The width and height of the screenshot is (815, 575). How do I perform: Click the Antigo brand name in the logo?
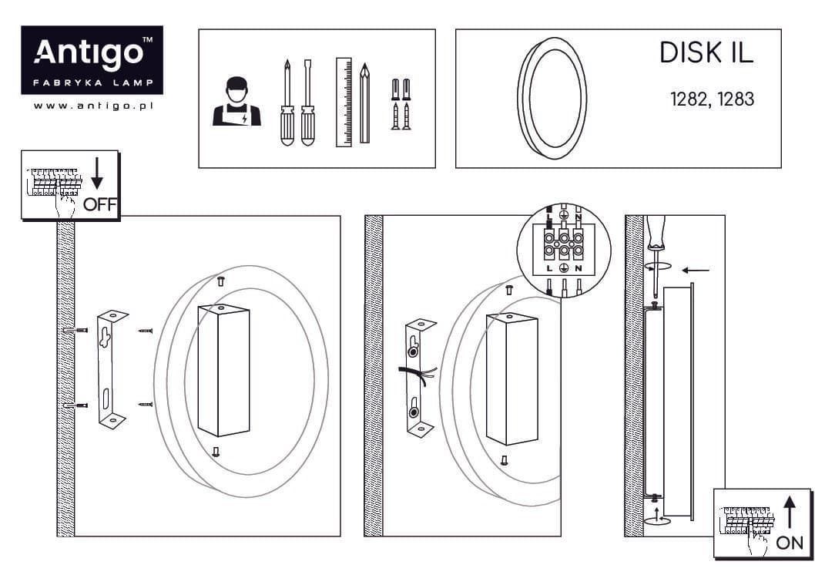(89, 53)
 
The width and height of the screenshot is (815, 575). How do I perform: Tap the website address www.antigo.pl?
(93, 106)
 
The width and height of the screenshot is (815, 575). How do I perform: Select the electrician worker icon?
(236, 102)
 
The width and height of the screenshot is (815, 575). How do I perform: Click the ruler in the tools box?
(344, 102)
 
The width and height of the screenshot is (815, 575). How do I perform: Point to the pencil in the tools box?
(365, 103)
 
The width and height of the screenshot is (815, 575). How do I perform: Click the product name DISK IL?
(706, 52)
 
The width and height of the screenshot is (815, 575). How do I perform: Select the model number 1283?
(736, 99)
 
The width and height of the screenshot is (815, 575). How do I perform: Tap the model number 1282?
(689, 99)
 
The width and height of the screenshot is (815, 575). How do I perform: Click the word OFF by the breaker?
(100, 204)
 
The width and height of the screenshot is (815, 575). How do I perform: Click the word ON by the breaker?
(790, 543)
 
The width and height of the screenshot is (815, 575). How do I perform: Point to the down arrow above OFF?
(97, 173)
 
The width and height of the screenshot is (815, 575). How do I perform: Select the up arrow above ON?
(790, 513)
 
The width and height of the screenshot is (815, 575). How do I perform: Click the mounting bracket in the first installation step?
(111, 369)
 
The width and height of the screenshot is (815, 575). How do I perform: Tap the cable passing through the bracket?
(418, 376)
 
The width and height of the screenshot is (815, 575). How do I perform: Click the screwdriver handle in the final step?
(656, 232)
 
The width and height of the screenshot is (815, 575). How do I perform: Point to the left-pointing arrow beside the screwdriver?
(696, 271)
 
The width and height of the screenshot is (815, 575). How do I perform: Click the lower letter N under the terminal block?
(578, 269)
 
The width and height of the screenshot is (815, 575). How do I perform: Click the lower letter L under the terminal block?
(549, 269)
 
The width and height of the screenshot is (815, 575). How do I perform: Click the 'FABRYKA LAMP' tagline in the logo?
(93, 82)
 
